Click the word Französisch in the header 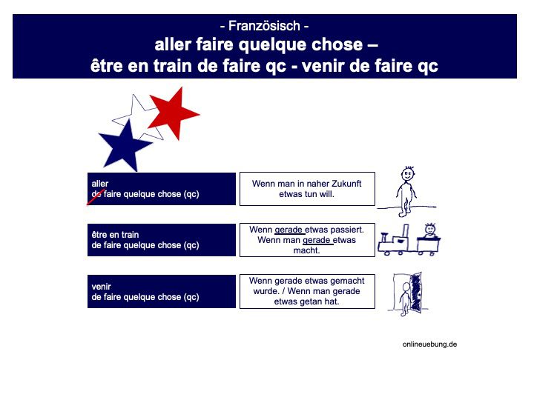(x=264, y=26)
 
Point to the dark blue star (x=125, y=144)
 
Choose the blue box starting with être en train (x=161, y=240)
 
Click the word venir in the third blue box (x=101, y=285)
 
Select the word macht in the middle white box (x=306, y=250)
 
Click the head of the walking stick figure (x=408, y=176)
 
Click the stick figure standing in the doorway (x=405, y=300)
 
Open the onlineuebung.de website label (x=430, y=344)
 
